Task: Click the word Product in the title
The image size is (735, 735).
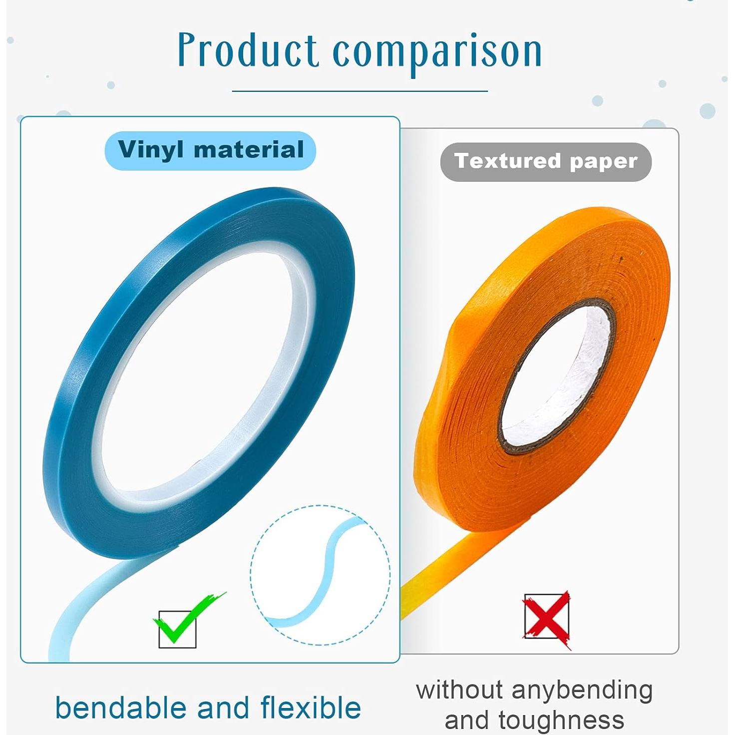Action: (248, 51)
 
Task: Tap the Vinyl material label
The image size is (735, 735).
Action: (210, 150)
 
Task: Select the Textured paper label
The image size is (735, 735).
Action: (546, 162)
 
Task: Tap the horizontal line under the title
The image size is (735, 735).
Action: (360, 91)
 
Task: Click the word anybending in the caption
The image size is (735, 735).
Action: (582, 691)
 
